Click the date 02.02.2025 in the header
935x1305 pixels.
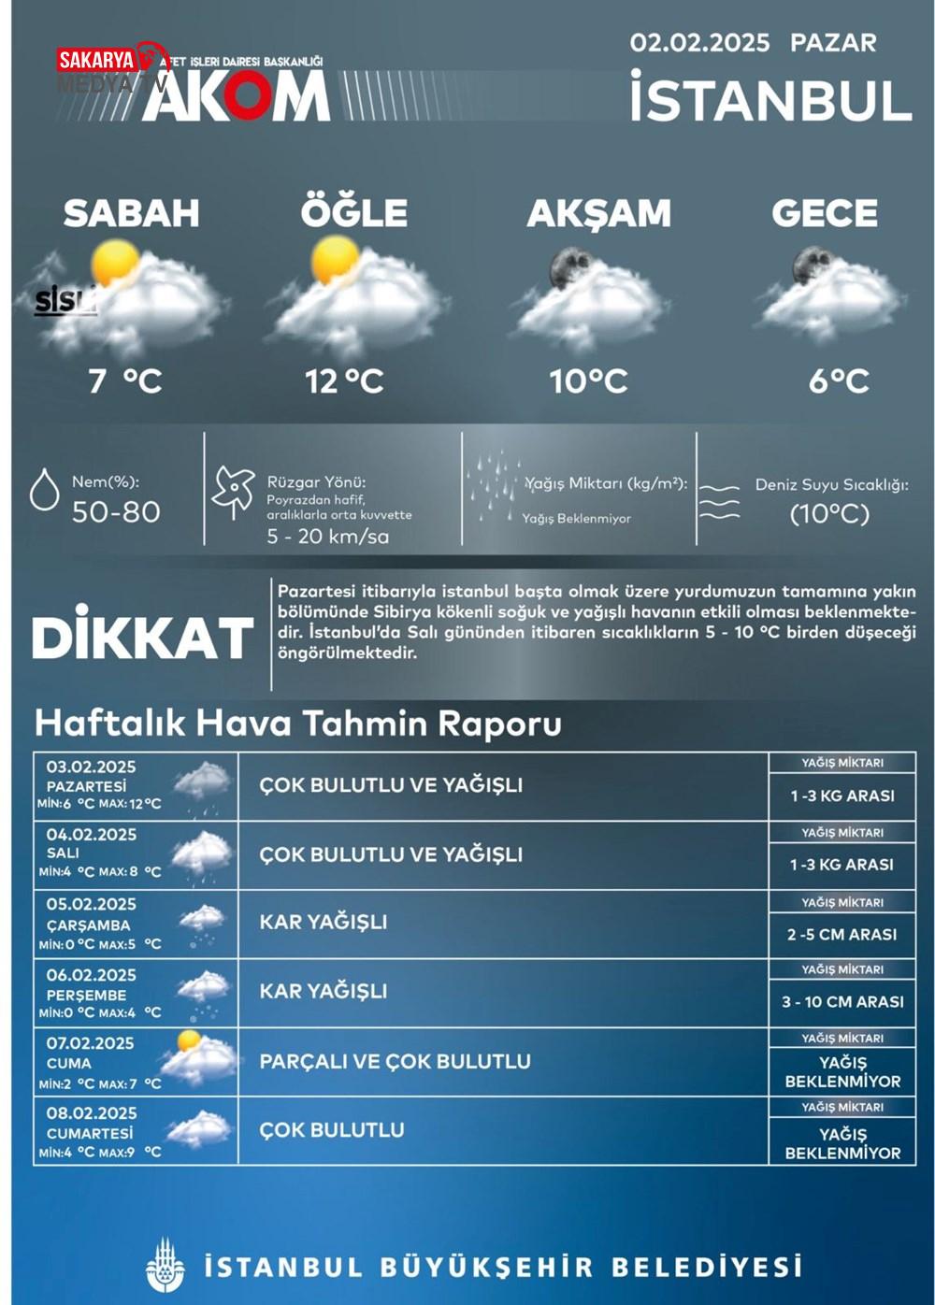pyautogui.click(x=699, y=43)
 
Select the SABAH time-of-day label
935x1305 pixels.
pyautogui.click(x=131, y=213)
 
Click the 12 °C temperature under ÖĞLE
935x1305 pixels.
pyautogui.click(x=344, y=381)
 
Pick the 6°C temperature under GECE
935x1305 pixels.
pyautogui.click(x=839, y=381)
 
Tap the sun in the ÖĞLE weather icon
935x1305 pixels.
pyautogui.click(x=335, y=259)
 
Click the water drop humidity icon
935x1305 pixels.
pyautogui.click(x=44, y=490)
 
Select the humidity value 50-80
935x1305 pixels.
pyautogui.click(x=116, y=512)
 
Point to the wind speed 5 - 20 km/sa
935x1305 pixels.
pyautogui.click(x=327, y=537)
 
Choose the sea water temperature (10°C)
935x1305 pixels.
pyautogui.click(x=829, y=513)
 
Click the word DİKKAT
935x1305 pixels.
pyautogui.click(x=142, y=638)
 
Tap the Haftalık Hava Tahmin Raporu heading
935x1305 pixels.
pyautogui.click(x=297, y=724)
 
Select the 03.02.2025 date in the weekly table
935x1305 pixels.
pyautogui.click(x=91, y=767)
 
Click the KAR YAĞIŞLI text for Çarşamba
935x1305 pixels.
pyautogui.click(x=323, y=922)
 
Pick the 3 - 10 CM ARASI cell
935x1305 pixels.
pyautogui.click(x=842, y=1002)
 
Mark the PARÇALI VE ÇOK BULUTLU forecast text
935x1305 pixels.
pyautogui.click(x=395, y=1062)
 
